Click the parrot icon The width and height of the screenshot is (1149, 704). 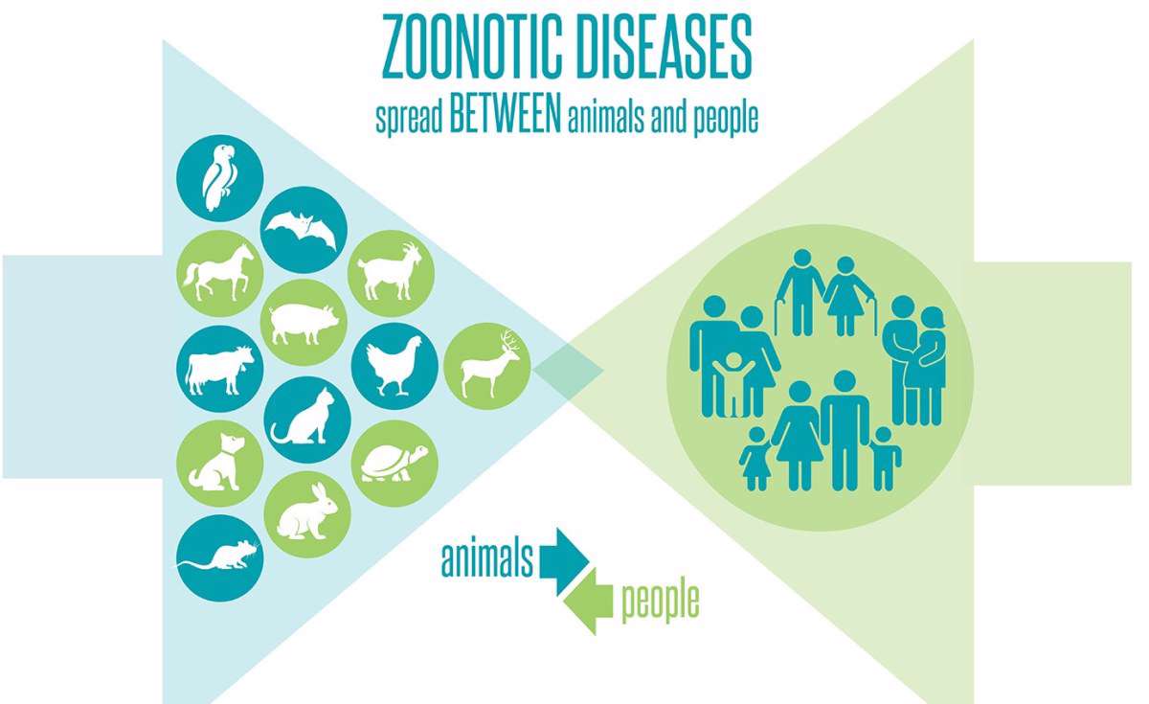pyautogui.click(x=220, y=178)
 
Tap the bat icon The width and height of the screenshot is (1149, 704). pyautogui.click(x=304, y=230)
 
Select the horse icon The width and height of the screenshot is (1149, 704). pyautogui.click(x=220, y=274)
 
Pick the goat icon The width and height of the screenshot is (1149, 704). pyautogui.click(x=392, y=274)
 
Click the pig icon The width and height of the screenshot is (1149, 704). pyautogui.click(x=304, y=322)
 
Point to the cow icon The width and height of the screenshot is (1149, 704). pyautogui.click(x=220, y=369)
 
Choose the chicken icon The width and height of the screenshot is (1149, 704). pyautogui.click(x=394, y=366)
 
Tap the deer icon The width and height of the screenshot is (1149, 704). pyautogui.click(x=486, y=366)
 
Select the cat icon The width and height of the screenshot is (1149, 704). pyautogui.click(x=307, y=420)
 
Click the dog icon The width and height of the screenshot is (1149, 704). pyautogui.click(x=220, y=464)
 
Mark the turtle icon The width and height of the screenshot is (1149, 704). pyautogui.click(x=394, y=464)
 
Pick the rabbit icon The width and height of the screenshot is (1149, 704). pyautogui.click(x=307, y=514)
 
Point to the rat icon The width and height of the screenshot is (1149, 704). pyautogui.click(x=220, y=558)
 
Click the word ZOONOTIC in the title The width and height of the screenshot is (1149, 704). pyautogui.click(x=472, y=47)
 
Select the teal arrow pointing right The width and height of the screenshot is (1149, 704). pyautogui.click(x=564, y=561)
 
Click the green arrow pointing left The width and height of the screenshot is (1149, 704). pyautogui.click(x=588, y=602)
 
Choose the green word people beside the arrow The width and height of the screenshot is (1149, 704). pyautogui.click(x=660, y=602)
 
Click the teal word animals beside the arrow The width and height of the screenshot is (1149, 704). pyautogui.click(x=486, y=557)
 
